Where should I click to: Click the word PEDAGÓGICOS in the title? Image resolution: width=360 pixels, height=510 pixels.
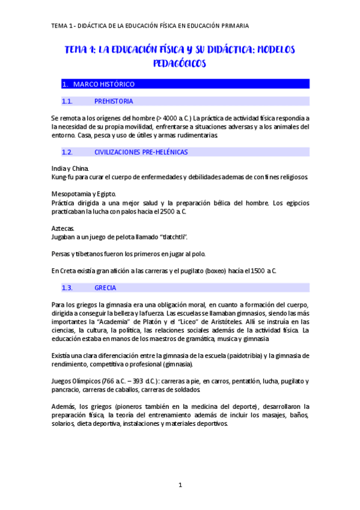click(x=180, y=63)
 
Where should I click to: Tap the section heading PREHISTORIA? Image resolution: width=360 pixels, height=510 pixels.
click(x=114, y=101)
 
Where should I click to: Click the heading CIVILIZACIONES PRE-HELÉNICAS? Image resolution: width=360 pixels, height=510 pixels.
click(x=141, y=152)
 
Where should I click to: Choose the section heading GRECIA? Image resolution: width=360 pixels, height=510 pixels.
click(x=105, y=287)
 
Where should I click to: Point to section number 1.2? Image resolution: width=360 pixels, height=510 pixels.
click(x=67, y=152)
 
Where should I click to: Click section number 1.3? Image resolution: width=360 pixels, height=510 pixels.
click(x=67, y=287)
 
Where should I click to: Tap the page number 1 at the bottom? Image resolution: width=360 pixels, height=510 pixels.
click(x=180, y=485)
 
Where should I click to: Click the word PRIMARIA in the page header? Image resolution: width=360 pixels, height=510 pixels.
click(x=234, y=26)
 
